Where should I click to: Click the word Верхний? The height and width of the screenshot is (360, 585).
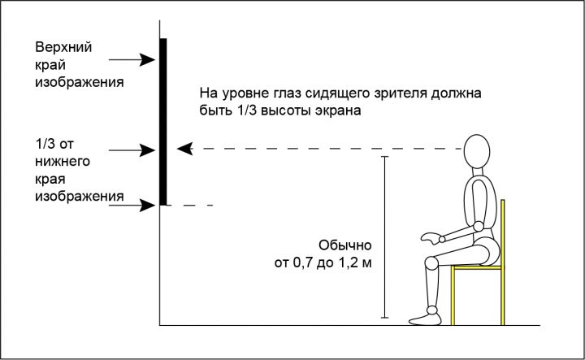63,47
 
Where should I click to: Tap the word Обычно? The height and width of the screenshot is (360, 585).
345,245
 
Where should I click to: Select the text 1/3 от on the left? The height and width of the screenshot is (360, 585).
54,144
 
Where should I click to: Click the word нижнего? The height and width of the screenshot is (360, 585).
63,162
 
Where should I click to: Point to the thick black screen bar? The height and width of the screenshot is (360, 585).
163,122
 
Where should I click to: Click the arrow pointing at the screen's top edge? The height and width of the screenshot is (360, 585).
132,59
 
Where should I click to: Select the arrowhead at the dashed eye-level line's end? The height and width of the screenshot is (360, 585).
184,149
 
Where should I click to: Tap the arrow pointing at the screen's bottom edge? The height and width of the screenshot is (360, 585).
132,205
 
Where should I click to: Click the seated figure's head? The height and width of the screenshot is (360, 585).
477,151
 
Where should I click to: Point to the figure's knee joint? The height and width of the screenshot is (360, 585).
431,263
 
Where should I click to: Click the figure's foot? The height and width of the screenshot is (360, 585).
425,319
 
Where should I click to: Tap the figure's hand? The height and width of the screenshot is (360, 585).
431,238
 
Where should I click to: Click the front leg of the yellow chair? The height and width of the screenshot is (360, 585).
453,296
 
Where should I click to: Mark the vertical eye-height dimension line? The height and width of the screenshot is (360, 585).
384,237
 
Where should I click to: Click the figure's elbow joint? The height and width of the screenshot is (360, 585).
479,227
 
